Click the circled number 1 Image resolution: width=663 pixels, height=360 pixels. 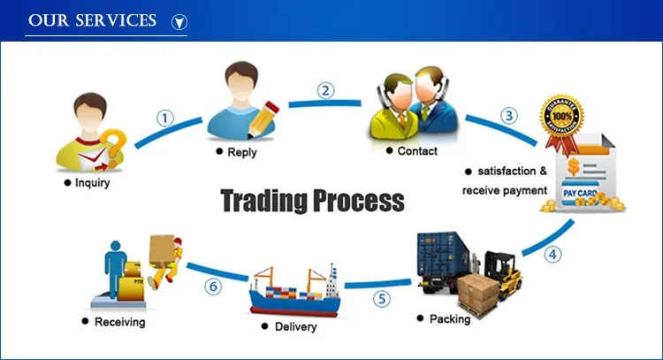point(164,118)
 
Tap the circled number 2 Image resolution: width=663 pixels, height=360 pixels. point(327,89)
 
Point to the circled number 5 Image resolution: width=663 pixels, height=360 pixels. point(381,299)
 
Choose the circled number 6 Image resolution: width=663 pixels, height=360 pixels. point(214,286)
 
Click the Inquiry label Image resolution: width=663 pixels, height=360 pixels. point(93,184)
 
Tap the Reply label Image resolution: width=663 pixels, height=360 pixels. point(241,153)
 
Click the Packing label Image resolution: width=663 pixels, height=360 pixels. point(450,319)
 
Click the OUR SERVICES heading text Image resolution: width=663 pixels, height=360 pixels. point(92,19)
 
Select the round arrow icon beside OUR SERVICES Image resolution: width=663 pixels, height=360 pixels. point(179,20)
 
